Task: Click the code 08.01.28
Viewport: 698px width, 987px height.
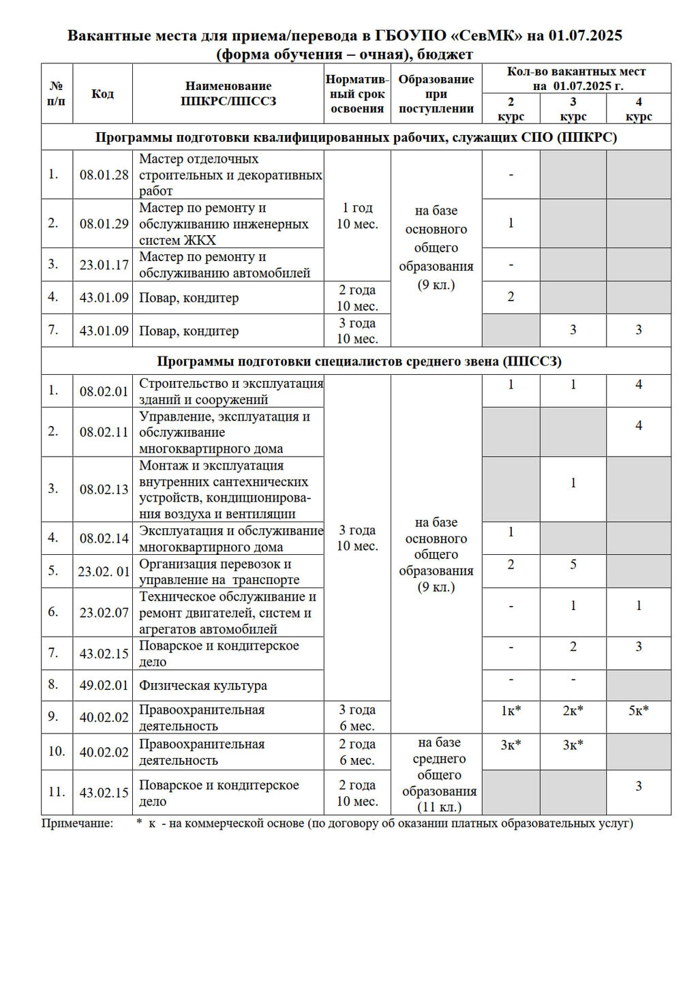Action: coord(104,174)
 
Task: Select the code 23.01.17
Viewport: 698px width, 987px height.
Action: coord(104,264)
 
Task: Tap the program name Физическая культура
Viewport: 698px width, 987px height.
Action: coord(203,685)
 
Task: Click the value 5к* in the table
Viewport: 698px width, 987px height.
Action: coord(639,710)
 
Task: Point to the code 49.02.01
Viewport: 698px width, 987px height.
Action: coord(104,685)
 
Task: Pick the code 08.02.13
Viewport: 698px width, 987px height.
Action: coord(104,489)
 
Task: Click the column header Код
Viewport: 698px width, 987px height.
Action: coord(102,93)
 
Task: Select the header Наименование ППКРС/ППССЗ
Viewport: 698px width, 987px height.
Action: coord(228,93)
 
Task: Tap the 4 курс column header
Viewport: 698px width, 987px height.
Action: coord(639,108)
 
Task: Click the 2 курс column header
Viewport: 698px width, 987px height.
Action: coord(511,108)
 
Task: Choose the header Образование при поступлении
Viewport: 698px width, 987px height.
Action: coord(436,93)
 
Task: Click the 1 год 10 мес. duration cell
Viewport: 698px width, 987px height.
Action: coord(357,215)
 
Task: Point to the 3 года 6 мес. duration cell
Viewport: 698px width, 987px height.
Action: coord(357,717)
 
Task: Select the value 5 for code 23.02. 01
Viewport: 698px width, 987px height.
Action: coord(573,564)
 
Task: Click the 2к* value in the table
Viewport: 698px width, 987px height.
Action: coord(573,710)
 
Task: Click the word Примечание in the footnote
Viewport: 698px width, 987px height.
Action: coord(77,823)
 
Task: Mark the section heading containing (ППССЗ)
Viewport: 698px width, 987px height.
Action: coord(359,361)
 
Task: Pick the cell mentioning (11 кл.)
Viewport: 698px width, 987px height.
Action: coord(440,775)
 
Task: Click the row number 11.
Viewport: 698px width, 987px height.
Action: coord(57,792)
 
